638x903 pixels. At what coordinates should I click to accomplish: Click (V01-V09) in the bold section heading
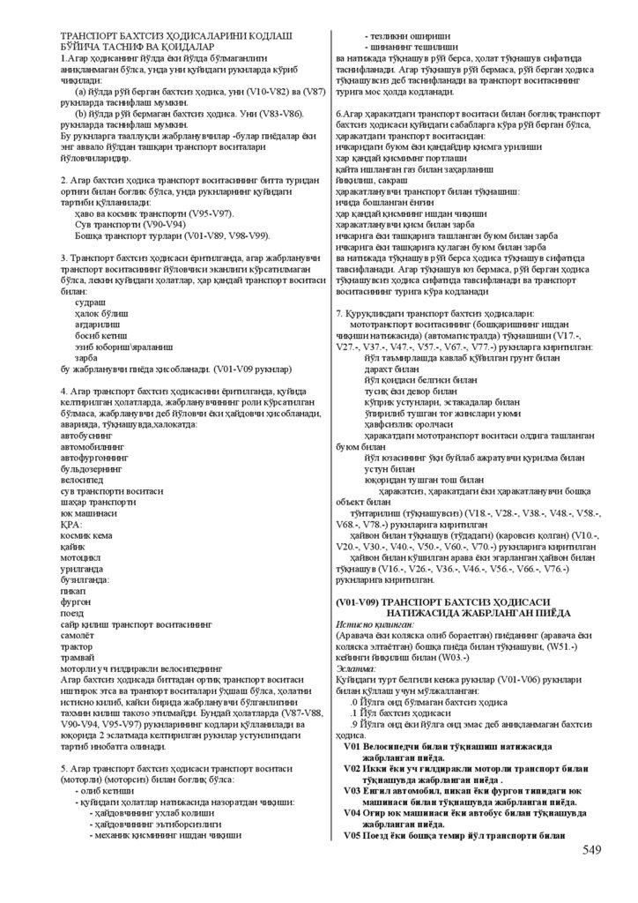coord(361,601)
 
